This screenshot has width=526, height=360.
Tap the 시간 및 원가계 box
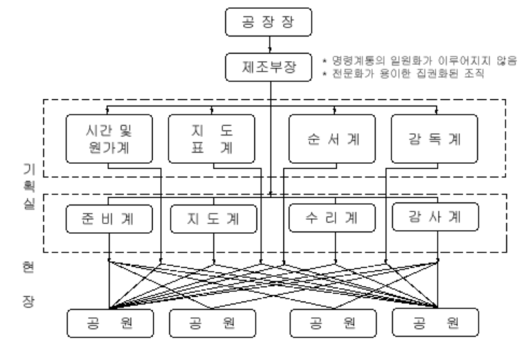pyautogui.click(x=110, y=138)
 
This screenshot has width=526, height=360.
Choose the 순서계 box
pyautogui.click(x=333, y=138)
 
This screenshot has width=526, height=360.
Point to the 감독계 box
pyautogui.click(x=435, y=138)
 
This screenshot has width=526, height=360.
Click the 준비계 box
pyautogui.click(x=110, y=218)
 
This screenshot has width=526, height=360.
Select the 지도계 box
pyautogui.click(x=213, y=218)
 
